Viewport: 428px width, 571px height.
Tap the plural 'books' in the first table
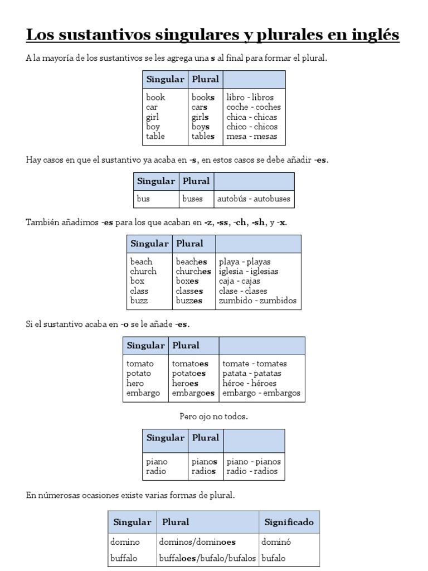pyautogui.click(x=203, y=98)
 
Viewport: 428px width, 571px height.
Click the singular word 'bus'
pyautogui.click(x=144, y=199)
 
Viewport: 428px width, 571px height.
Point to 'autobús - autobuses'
pyautogui.click(x=254, y=199)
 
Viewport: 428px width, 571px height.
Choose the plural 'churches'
pyautogui.click(x=193, y=272)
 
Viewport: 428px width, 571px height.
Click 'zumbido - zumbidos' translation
pyautogui.click(x=258, y=301)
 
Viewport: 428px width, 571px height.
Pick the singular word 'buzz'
pyautogui.click(x=139, y=301)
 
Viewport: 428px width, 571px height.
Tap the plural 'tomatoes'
pyautogui.click(x=190, y=364)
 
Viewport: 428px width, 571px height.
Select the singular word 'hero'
pyautogui.click(x=135, y=384)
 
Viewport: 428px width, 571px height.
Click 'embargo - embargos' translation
pyautogui.click(x=261, y=393)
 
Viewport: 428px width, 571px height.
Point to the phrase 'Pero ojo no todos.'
pyautogui.click(x=213, y=417)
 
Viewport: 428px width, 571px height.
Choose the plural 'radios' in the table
pyautogui.click(x=204, y=472)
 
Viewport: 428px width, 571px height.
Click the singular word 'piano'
pyautogui.click(x=157, y=462)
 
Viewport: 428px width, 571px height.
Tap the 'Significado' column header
pyautogui.click(x=289, y=522)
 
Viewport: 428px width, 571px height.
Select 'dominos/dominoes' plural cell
pyautogui.click(x=197, y=541)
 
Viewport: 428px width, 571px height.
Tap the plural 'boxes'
pyautogui.click(x=187, y=282)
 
